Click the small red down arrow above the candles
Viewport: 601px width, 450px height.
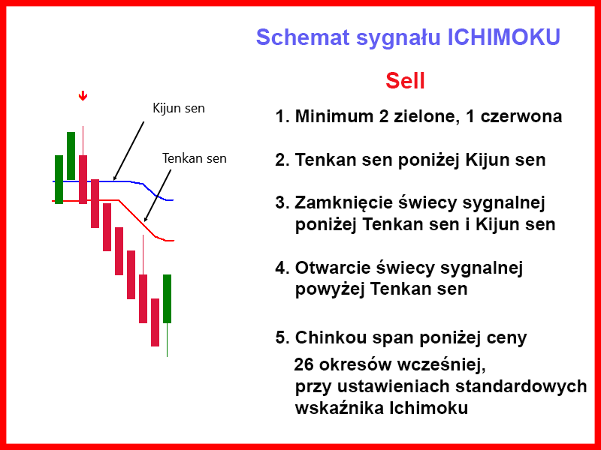click(x=83, y=96)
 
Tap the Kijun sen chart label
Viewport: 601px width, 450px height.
click(x=179, y=108)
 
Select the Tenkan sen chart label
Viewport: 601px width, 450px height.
click(x=195, y=158)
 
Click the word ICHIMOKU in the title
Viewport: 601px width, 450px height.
click(x=503, y=37)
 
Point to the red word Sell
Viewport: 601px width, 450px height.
click(x=405, y=81)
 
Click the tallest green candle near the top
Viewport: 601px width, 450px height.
click(x=71, y=156)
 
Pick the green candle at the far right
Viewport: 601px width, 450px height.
click(x=167, y=298)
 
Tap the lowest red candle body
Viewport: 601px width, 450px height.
click(x=155, y=322)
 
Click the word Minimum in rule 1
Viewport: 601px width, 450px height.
click(x=334, y=116)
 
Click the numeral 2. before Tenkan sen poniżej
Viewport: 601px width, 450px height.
click(x=282, y=160)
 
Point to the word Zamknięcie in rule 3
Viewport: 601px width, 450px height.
click(x=344, y=202)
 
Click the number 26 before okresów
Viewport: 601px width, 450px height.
click(x=304, y=364)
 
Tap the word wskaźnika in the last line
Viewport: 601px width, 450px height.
click(x=340, y=408)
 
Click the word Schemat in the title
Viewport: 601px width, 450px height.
click(x=303, y=37)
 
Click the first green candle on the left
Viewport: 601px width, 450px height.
click(x=59, y=179)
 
